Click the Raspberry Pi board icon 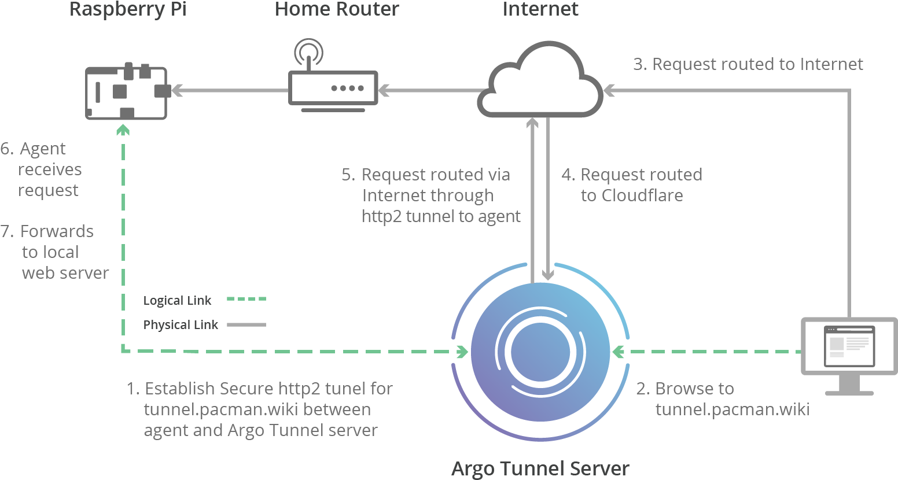[126, 93]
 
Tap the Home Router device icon [333, 88]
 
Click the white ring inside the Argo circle [540, 352]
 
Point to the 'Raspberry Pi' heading [128, 9]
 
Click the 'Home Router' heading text [337, 9]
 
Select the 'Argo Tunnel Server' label [540, 468]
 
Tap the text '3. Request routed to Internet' [748, 64]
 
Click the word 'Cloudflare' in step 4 [642, 195]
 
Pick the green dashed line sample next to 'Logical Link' [246, 300]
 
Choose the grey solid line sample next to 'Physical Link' [246, 324]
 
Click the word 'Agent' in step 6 [43, 149]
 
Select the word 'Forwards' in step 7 [57, 231]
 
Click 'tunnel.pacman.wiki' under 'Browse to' [732, 409]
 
